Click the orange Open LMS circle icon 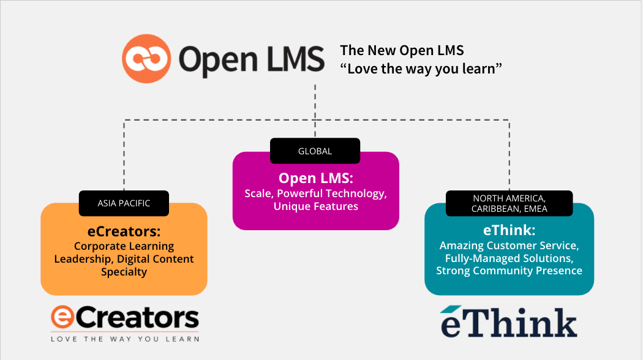[146, 58]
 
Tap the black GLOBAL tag [315, 151]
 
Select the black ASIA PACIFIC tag [124, 203]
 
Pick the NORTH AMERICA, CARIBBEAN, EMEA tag [509, 203]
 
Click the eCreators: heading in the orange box [124, 231]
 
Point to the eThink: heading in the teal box [509, 230]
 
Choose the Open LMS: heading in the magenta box [315, 178]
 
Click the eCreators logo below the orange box [125, 318]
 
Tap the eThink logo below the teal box [508, 321]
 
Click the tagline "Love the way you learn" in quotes [421, 68]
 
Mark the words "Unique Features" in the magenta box [315, 207]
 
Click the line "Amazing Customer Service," [509, 246]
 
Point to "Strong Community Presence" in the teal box [509, 271]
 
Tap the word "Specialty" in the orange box [124, 272]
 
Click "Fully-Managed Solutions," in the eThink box [509, 258]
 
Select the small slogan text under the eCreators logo [125, 338]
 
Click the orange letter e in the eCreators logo [63, 318]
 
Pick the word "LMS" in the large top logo [289, 59]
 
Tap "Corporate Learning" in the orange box [124, 246]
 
